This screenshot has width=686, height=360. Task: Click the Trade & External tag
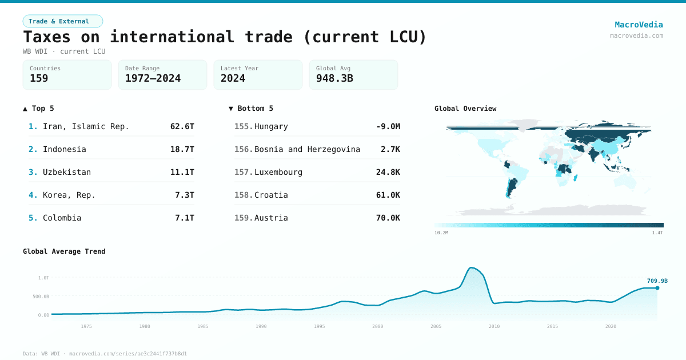62,21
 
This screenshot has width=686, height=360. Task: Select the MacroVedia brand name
639,25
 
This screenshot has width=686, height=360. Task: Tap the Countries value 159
39,78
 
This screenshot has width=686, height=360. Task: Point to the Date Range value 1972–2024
153,78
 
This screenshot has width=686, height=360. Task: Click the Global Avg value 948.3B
334,78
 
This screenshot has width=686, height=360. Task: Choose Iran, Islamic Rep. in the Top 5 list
86,126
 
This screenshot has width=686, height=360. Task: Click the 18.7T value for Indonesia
182,149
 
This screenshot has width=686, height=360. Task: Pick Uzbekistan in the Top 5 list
67,172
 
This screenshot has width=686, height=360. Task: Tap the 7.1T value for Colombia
184,218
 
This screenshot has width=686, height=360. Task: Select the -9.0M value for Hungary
388,126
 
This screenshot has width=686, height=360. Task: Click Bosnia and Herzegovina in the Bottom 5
307,149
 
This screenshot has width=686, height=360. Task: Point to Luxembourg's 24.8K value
388,172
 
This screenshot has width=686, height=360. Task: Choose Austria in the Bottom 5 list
271,218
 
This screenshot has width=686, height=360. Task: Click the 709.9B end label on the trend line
657,281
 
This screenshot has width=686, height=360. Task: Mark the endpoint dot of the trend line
657,288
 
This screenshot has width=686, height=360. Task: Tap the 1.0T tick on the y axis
43,278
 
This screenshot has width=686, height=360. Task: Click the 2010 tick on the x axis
494,326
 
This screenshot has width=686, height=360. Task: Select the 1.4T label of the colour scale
657,233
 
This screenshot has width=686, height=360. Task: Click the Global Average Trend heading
64,251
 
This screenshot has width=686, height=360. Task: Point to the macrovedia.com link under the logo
636,35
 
